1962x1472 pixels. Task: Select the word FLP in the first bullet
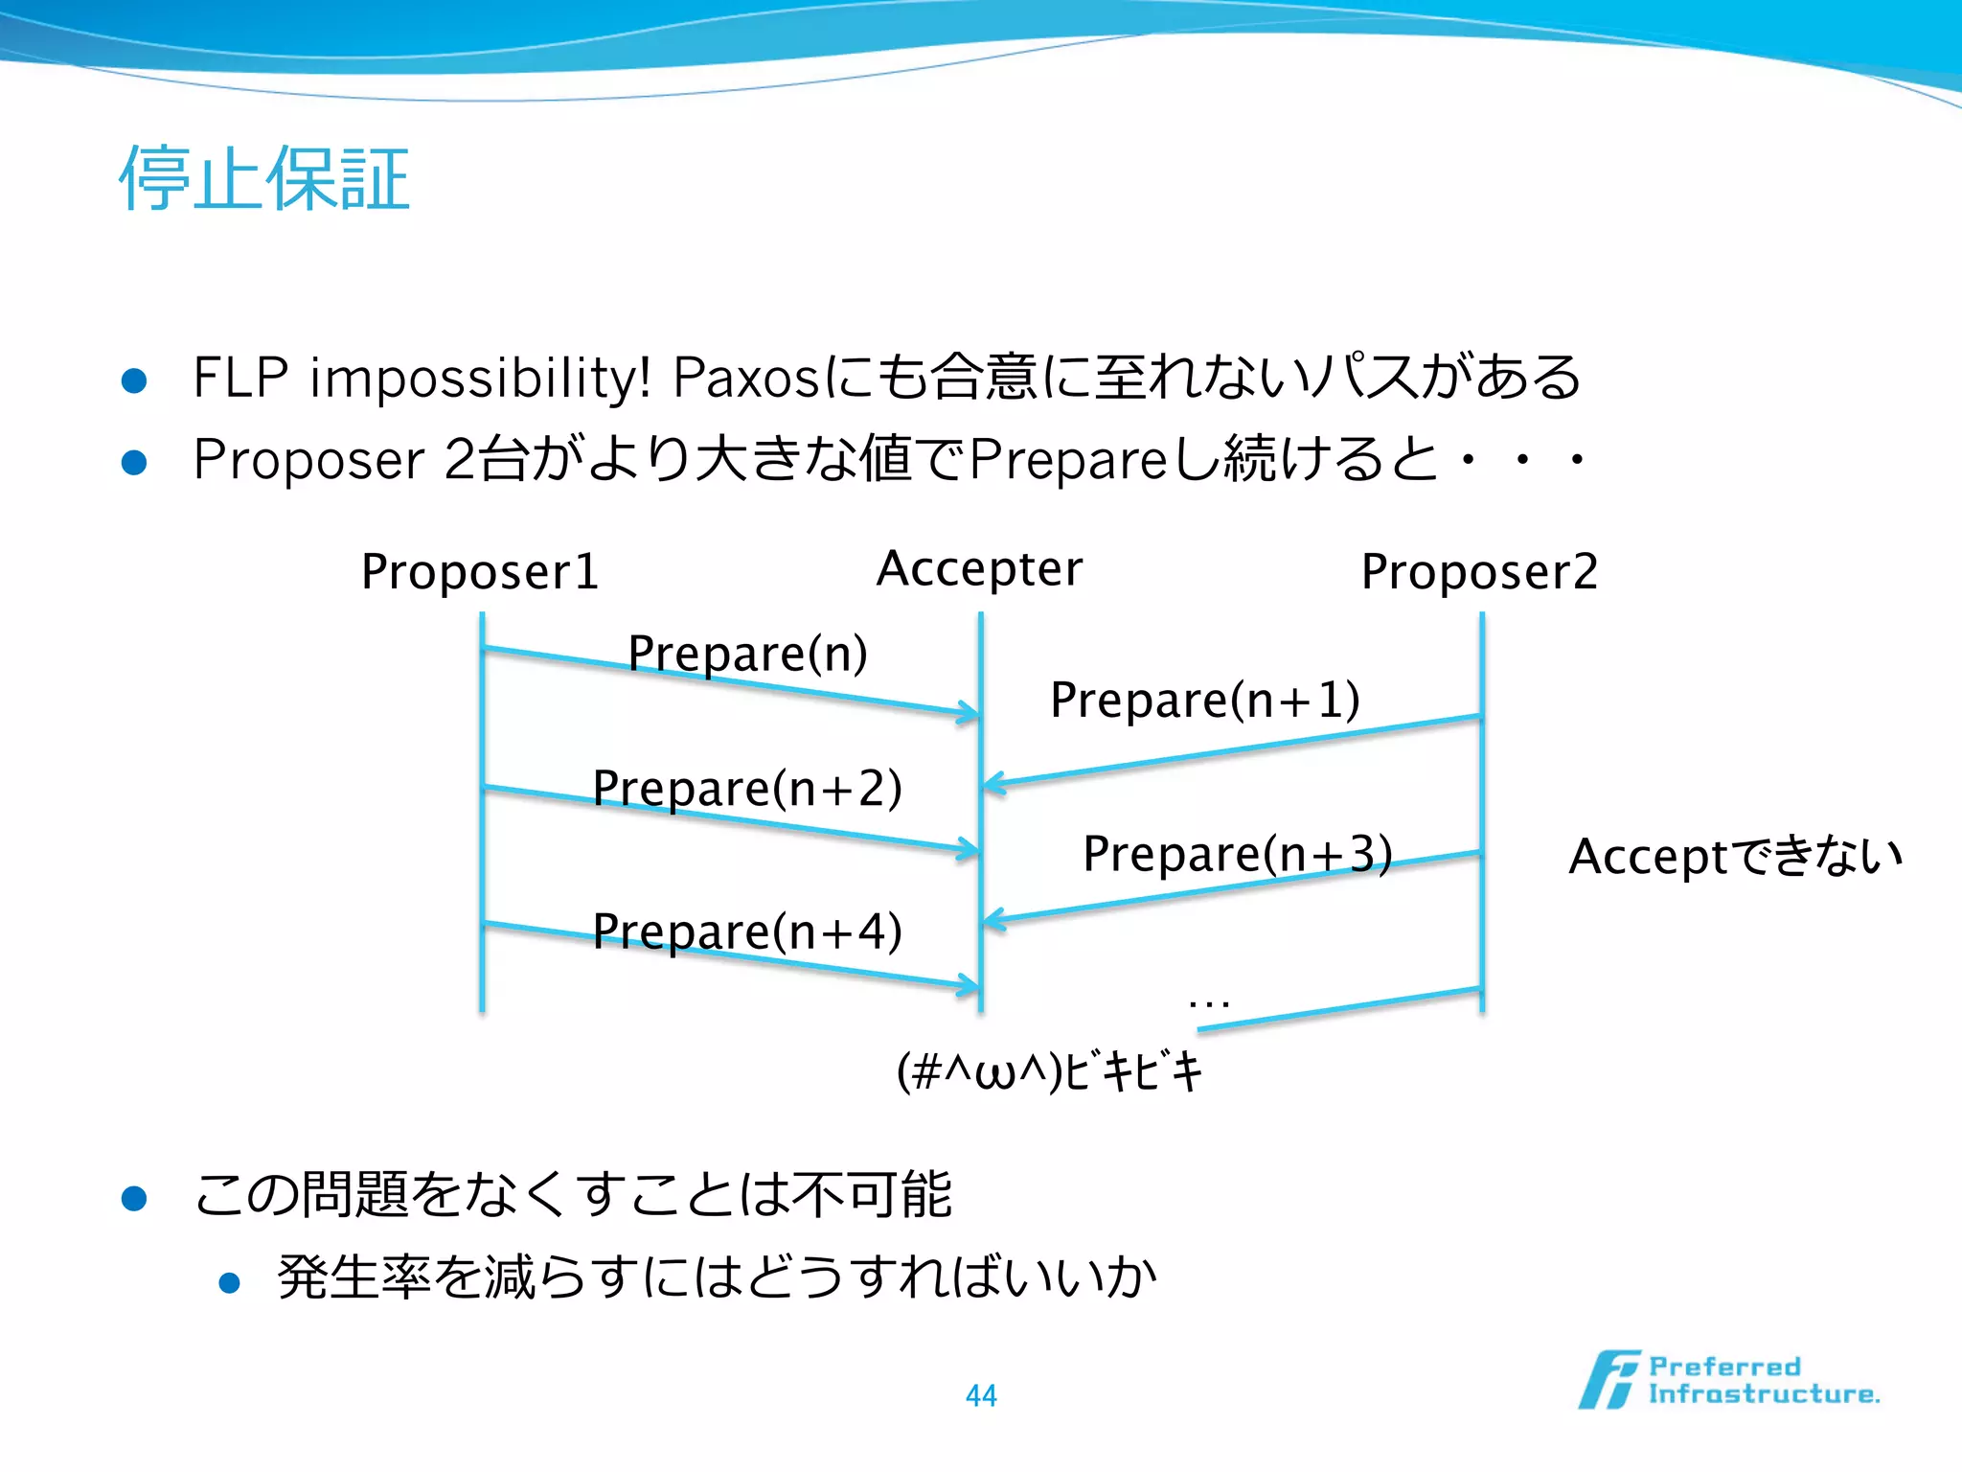tap(240, 378)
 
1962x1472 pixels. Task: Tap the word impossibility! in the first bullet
tap(480, 378)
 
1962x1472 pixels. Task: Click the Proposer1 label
tap(480, 572)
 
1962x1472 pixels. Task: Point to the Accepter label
tap(979, 569)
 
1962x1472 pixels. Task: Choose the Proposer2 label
tap(1479, 572)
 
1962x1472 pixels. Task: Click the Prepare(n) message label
tap(747, 654)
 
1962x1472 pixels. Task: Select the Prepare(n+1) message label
tap(1204, 700)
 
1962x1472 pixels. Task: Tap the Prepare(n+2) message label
tap(747, 789)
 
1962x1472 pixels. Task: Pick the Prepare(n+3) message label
tap(1237, 854)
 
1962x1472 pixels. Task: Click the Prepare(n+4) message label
tap(747, 931)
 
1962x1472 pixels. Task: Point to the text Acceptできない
tap(1735, 856)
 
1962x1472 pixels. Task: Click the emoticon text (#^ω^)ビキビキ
tap(1049, 1071)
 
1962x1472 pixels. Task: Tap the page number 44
tap(981, 1395)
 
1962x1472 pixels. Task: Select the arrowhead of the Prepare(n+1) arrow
tap(992, 784)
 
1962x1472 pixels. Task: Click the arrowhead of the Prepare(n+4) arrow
tap(970, 984)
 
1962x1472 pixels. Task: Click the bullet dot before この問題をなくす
tap(134, 1199)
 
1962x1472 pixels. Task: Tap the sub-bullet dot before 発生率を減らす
tap(229, 1282)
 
